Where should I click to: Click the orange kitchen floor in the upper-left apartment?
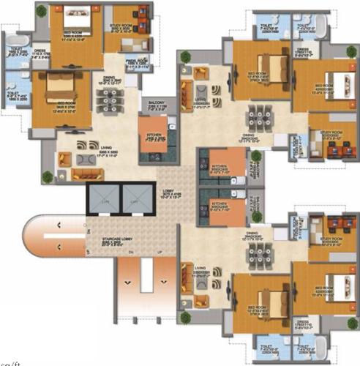coord(154,139)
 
